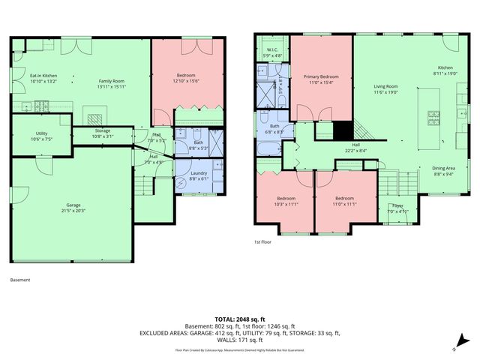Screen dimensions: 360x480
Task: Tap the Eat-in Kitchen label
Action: (x=43, y=76)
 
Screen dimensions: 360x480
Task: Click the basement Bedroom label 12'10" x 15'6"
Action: (x=186, y=76)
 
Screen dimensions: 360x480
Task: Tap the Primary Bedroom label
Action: (x=321, y=76)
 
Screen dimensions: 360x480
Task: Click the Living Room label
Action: (x=385, y=86)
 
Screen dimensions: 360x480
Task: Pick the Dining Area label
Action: (x=444, y=169)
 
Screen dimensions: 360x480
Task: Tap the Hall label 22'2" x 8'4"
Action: (x=356, y=145)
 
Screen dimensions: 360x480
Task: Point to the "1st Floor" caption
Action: (x=262, y=241)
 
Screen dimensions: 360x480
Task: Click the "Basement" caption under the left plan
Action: (x=20, y=280)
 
